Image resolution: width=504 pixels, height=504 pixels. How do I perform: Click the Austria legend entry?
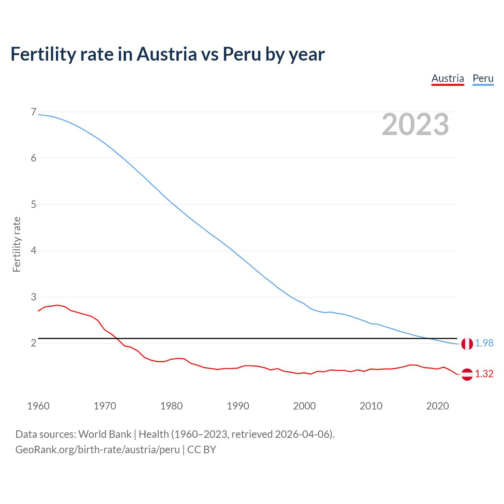tap(448, 78)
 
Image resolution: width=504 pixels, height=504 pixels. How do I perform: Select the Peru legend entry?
tap(483, 78)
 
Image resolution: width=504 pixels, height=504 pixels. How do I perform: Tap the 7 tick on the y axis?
tap(33, 112)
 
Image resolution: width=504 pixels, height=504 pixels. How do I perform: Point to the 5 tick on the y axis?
tap(33, 204)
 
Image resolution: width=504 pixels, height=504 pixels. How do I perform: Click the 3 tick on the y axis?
tap(33, 297)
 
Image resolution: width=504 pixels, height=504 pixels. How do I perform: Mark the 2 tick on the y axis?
tap(33, 343)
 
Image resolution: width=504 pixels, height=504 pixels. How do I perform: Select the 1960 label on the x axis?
tap(38, 406)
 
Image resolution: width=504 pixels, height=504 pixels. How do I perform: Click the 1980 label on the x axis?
tap(171, 406)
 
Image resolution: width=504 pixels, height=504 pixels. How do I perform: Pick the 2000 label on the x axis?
tap(304, 406)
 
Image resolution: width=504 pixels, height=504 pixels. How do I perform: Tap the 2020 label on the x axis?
tap(437, 406)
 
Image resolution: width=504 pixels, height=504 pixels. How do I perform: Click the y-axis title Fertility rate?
tap(17, 244)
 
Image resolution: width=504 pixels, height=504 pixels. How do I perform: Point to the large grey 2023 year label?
tap(415, 124)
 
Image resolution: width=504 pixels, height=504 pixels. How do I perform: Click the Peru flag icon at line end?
tap(467, 344)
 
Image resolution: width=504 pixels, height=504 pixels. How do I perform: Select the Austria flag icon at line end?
tap(467, 374)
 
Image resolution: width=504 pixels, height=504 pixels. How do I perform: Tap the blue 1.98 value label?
tap(484, 343)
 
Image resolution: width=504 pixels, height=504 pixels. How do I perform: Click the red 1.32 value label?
tap(484, 374)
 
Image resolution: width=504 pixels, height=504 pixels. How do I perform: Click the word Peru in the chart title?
tap(242, 54)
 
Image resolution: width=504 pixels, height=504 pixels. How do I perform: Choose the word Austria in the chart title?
tap(167, 54)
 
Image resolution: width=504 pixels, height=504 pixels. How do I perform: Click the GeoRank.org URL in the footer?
tap(98, 450)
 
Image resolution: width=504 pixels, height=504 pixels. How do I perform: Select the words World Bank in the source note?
tap(105, 434)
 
